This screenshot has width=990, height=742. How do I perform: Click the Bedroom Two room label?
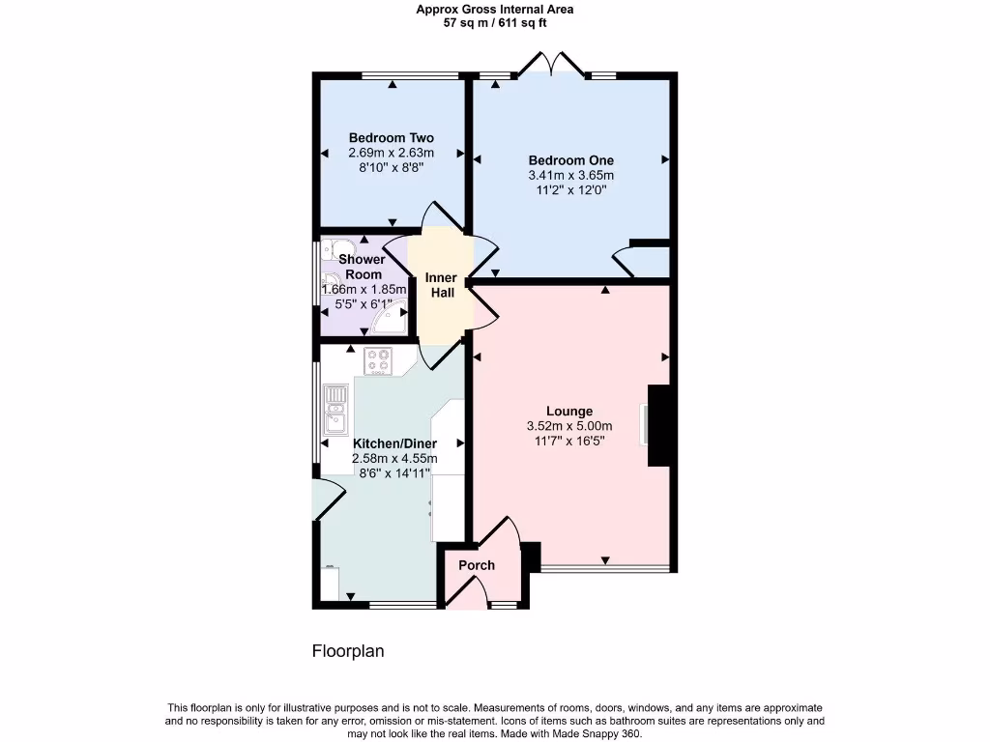[391, 138]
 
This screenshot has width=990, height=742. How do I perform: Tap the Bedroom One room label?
[570, 160]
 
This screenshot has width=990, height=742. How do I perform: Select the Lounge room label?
[569, 411]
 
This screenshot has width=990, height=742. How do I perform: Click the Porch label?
[477, 565]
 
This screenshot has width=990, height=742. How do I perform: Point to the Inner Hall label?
[441, 285]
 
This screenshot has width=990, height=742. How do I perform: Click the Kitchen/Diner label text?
[394, 443]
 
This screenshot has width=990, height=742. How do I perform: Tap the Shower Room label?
[362, 267]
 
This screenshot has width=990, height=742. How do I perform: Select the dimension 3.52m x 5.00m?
[569, 426]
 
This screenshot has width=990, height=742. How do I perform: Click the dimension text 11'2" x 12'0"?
[570, 190]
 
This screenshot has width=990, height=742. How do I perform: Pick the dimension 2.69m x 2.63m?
[391, 153]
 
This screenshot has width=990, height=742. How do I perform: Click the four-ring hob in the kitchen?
[378, 360]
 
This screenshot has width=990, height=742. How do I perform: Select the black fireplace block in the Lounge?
[658, 425]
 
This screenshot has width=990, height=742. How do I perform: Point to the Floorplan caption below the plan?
[347, 651]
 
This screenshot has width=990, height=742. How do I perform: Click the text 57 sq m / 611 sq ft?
[494, 22]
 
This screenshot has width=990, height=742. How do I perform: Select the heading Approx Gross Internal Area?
[494, 9]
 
